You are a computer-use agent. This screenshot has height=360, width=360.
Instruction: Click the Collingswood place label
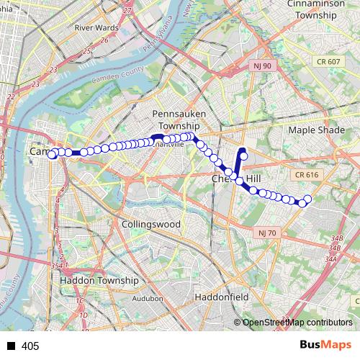tap(151, 224)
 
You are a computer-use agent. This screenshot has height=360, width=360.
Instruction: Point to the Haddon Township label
tap(99, 280)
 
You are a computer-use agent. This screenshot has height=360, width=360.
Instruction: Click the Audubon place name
tap(148, 297)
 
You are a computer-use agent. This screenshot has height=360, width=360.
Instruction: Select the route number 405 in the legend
tap(30, 346)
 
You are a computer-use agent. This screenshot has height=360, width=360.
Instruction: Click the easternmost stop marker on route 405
tap(308, 199)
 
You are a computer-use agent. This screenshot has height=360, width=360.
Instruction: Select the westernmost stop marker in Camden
tap(52, 155)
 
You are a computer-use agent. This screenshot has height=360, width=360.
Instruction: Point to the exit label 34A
tap(330, 258)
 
